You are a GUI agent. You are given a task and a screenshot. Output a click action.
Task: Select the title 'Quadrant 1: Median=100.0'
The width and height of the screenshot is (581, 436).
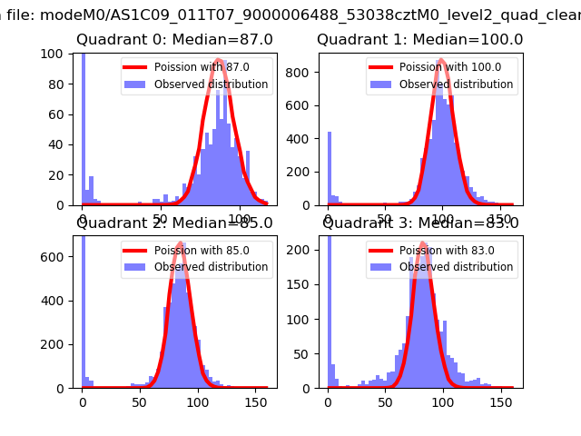point(419,40)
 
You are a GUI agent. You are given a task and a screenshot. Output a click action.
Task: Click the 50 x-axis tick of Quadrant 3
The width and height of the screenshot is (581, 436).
point(386,401)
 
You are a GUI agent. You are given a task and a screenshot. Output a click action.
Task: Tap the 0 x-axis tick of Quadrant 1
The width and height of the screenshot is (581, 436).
point(328,218)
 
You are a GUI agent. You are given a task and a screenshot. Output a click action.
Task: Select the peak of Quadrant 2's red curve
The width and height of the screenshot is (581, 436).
point(181,243)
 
